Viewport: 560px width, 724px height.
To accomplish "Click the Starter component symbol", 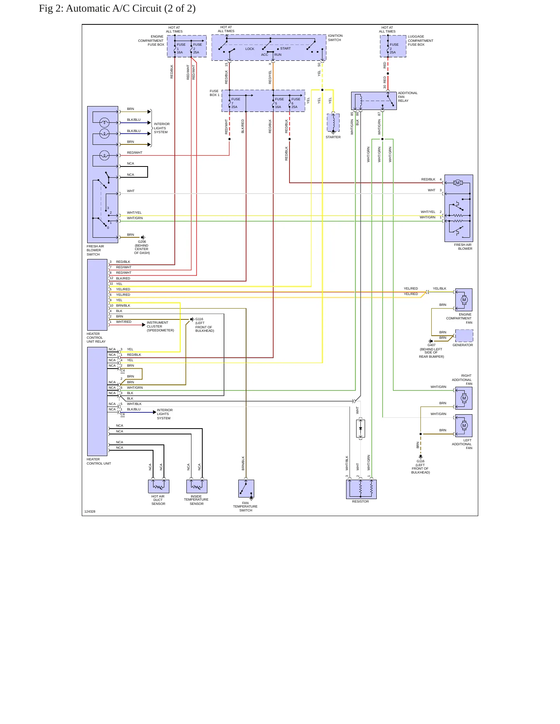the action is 333,123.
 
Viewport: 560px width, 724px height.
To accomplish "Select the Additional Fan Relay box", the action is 374,101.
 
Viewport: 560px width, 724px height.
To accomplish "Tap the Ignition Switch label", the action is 335,38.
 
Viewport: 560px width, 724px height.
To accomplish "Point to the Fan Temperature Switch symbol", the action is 246,489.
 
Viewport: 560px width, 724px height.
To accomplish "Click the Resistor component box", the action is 361,489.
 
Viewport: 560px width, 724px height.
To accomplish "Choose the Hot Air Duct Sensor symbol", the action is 159,486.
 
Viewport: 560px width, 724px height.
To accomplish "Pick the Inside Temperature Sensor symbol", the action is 197,486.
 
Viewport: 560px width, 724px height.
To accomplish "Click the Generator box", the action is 464,336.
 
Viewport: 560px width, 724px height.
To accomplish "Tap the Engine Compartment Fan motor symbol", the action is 464,300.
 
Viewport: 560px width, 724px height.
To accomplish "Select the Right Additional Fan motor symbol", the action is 464,398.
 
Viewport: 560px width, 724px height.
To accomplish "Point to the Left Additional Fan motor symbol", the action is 464,425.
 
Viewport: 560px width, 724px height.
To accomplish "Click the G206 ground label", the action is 142,242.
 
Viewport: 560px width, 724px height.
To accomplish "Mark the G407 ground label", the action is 431,345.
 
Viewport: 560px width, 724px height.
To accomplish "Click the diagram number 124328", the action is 90,511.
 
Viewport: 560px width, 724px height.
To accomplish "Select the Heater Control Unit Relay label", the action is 96,338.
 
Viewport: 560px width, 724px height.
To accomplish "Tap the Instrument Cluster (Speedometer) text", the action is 160,326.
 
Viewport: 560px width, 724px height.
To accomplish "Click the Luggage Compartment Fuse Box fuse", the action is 393,46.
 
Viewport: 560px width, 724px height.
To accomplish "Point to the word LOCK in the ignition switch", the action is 250,49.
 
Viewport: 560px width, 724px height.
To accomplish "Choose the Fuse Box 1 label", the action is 215,93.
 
